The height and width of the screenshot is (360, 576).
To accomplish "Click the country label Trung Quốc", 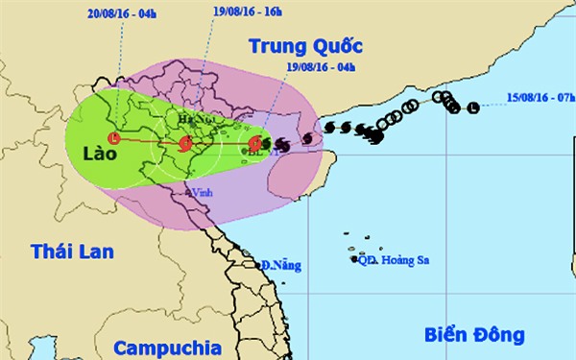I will point(306,45).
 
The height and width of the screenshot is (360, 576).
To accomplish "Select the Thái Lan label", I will point(72,252).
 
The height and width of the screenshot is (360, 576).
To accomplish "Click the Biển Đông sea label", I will point(474,334).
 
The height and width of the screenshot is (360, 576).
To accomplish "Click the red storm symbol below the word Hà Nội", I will point(185,144).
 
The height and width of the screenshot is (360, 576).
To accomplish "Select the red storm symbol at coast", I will point(254,144).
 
